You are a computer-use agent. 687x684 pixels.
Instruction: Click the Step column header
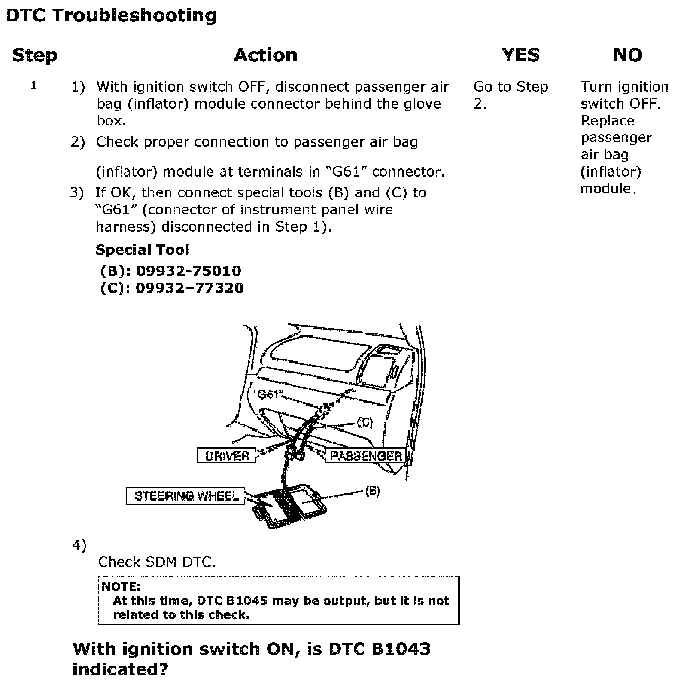[34, 55]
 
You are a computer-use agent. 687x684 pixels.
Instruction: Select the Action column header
[265, 55]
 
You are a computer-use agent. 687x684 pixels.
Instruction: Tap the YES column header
[520, 55]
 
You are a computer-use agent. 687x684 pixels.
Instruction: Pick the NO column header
[627, 55]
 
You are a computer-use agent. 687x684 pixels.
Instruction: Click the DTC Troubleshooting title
[111, 15]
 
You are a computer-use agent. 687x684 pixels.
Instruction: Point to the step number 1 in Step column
[33, 85]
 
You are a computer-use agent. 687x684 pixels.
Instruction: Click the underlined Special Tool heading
[142, 250]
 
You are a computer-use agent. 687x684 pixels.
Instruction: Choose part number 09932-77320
[189, 288]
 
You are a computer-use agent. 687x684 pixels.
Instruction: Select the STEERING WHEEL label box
[186, 496]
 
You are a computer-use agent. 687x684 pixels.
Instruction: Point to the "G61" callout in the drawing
[268, 394]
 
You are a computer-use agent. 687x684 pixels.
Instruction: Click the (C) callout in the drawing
[365, 423]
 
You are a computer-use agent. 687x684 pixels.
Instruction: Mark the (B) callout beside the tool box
[372, 491]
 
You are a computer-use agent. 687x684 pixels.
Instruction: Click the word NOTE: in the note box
[121, 586]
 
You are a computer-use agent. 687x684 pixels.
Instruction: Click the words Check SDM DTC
[157, 562]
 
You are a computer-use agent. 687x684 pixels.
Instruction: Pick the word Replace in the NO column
[607, 121]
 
